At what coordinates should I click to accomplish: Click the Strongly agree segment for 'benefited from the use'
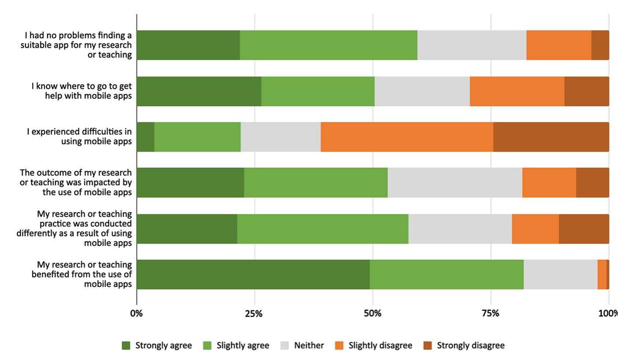click(x=253, y=275)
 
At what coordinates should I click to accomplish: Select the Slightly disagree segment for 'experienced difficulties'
click(x=407, y=137)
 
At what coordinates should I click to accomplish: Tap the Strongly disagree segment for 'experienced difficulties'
click(x=551, y=137)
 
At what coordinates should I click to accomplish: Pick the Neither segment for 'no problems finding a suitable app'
click(x=471, y=45)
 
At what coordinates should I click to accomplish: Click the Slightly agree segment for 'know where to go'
click(x=318, y=91)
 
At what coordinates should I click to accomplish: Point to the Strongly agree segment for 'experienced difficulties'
click(x=145, y=137)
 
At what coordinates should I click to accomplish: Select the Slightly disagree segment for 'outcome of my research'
click(x=549, y=182)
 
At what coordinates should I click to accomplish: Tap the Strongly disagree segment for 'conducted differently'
click(x=584, y=229)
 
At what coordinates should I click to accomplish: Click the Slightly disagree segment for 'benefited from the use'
click(x=602, y=275)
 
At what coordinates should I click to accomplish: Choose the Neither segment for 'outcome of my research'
click(x=455, y=182)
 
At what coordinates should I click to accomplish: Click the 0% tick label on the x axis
click(x=137, y=314)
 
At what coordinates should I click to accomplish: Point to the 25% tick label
click(x=254, y=314)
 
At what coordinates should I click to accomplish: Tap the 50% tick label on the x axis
click(x=373, y=314)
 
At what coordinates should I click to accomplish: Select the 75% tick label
click(x=490, y=314)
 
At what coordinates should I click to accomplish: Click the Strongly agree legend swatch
click(x=126, y=346)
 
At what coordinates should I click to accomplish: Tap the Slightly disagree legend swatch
click(x=339, y=346)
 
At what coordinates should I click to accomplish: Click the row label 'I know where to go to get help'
click(x=81, y=91)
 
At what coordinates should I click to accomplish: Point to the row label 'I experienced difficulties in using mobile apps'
click(x=79, y=137)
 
